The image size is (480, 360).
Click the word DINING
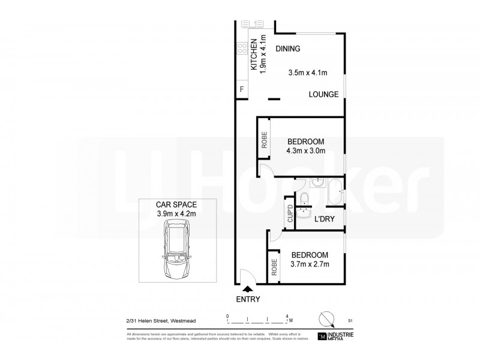[287, 49]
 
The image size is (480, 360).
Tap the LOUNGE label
[324, 94]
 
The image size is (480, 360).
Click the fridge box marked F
[242, 90]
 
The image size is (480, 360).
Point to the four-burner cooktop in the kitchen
[243, 46]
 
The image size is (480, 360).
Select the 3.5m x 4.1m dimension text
[308, 73]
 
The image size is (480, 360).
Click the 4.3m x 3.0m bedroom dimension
[306, 151]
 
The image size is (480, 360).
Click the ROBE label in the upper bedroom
[263, 140]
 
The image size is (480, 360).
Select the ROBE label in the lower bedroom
[274, 266]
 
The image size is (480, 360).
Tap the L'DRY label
[324, 220]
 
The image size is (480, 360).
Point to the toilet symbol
[304, 198]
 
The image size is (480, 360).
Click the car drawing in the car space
[177, 250]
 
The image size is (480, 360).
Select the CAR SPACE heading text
[176, 205]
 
